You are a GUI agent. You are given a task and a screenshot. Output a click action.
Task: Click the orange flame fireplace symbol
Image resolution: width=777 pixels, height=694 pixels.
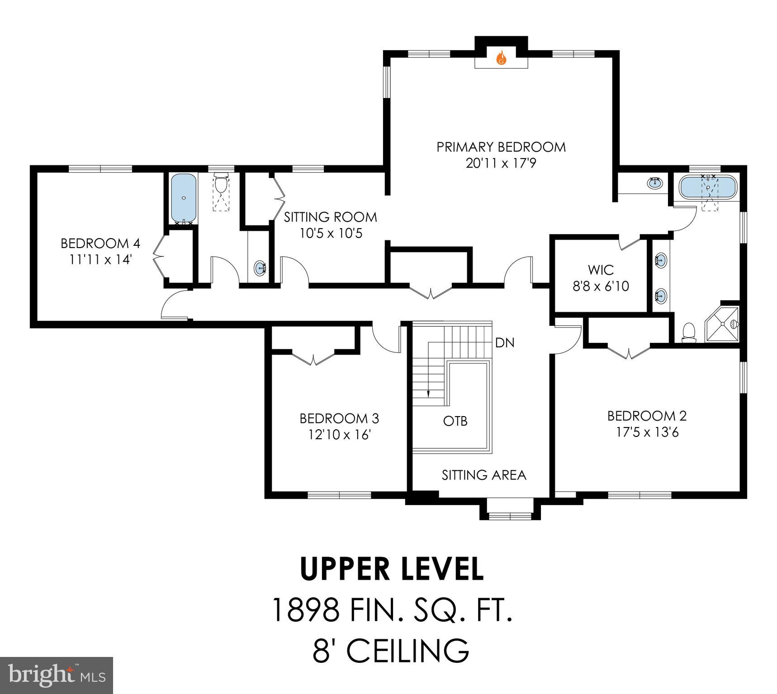[501, 58]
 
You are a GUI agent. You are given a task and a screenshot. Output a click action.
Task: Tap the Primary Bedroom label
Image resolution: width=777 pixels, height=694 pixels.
[501, 147]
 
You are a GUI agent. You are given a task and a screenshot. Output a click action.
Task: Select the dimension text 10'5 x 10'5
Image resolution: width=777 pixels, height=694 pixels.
[331, 234]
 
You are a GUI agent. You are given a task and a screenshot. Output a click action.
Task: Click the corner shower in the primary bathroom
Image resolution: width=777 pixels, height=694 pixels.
[722, 324]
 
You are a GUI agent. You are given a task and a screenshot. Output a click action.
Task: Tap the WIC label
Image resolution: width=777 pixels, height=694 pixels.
[601, 270]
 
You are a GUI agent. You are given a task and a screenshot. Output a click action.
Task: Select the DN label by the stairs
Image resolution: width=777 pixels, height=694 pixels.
[505, 343]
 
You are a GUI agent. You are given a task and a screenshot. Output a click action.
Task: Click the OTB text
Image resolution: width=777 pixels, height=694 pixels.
[455, 421]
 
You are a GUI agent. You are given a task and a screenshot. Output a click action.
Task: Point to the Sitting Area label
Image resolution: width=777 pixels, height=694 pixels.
[484, 475]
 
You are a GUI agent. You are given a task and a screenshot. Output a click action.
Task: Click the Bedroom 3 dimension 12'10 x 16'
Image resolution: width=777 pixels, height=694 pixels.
[340, 435]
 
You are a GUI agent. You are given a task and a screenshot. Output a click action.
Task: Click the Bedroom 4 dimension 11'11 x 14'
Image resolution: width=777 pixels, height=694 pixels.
[100, 260]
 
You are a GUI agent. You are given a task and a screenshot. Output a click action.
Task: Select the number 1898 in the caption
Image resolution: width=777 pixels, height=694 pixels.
[305, 610]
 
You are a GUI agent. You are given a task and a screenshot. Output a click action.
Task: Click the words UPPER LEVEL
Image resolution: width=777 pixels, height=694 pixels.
[392, 569]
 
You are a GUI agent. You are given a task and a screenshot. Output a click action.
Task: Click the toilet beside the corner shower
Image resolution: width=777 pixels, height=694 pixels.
[688, 333]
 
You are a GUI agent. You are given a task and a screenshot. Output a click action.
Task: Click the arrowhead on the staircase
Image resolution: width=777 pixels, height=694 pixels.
[428, 393]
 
